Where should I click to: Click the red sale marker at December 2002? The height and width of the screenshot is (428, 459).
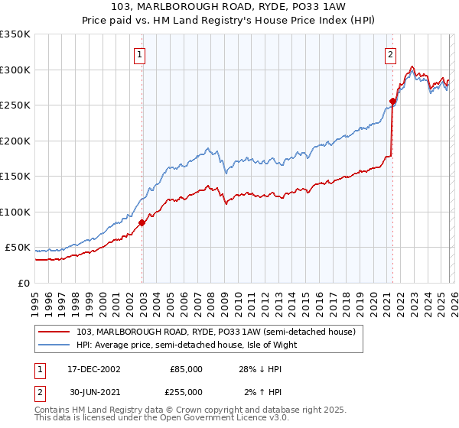click(x=142, y=223)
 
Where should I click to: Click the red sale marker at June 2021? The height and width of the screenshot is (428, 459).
click(x=392, y=101)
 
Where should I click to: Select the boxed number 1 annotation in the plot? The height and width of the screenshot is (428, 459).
click(x=142, y=54)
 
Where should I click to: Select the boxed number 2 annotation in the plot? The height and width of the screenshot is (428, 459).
click(x=391, y=54)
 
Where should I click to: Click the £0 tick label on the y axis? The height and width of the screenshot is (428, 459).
click(x=24, y=284)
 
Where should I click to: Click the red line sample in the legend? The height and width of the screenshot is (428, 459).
click(x=55, y=332)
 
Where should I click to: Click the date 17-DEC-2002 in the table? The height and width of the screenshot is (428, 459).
click(x=93, y=369)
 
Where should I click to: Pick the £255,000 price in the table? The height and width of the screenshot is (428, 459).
click(x=186, y=392)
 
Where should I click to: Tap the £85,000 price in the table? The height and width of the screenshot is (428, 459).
click(x=186, y=369)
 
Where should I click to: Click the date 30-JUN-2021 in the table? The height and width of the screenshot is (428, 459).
click(x=93, y=392)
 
